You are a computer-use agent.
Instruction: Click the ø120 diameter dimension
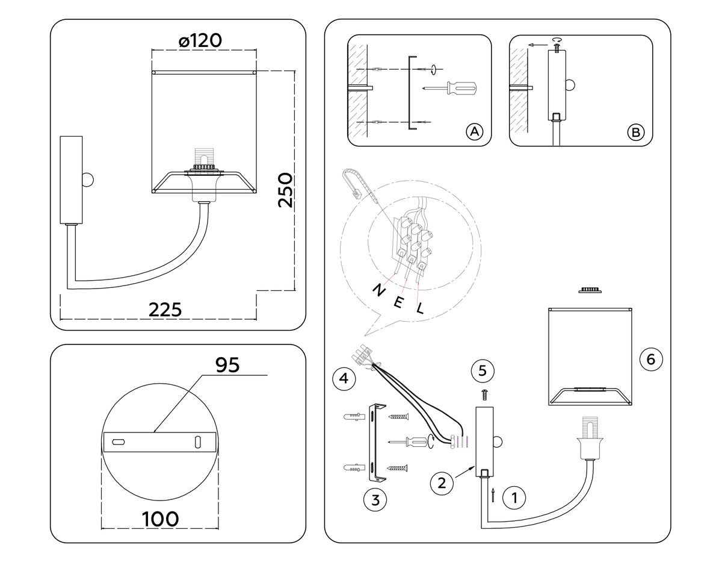pyautogui.click(x=200, y=40)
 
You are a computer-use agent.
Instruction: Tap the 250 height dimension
pyautogui.click(x=285, y=190)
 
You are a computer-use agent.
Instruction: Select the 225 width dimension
pyautogui.click(x=165, y=310)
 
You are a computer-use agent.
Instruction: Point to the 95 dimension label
pyautogui.click(x=227, y=365)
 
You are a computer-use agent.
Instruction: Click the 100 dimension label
pyautogui.click(x=160, y=519)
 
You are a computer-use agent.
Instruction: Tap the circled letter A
pyautogui.click(x=475, y=132)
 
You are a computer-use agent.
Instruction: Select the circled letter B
pyautogui.click(x=635, y=133)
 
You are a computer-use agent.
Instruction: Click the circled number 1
pyautogui.click(x=514, y=498)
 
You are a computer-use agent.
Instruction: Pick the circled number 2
pyautogui.click(x=442, y=483)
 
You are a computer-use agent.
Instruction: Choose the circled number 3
pyautogui.click(x=375, y=500)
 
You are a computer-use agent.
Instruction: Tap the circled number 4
pyautogui.click(x=344, y=378)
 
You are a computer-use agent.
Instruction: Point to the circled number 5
pyautogui.click(x=483, y=371)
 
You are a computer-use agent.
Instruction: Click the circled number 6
pyautogui.click(x=651, y=359)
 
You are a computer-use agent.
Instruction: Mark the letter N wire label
pyautogui.click(x=379, y=290)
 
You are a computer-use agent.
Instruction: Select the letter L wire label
pyautogui.click(x=421, y=308)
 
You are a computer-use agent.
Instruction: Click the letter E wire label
pyautogui.click(x=398, y=302)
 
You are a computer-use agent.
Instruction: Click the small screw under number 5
pyautogui.click(x=485, y=395)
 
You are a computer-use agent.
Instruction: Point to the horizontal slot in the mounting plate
pyautogui.click(x=119, y=442)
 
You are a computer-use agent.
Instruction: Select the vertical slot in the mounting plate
pyautogui.click(x=198, y=442)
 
